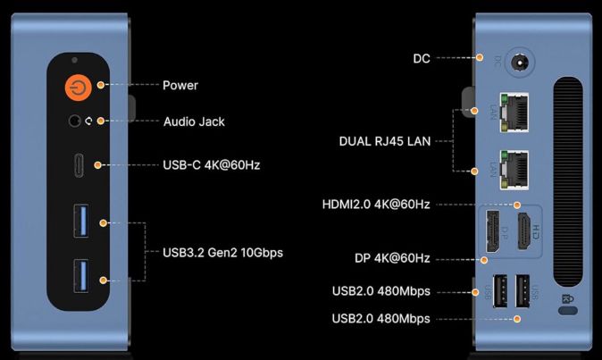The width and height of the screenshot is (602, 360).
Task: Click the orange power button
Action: [x=79, y=88]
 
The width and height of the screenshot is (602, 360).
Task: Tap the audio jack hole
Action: [x=74, y=121]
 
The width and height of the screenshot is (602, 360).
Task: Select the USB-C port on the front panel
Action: [x=79, y=165]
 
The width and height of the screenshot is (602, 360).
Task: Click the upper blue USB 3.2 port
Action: [x=81, y=221]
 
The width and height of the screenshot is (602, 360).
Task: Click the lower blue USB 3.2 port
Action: [x=81, y=276]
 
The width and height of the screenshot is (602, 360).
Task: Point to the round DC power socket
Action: [x=520, y=63]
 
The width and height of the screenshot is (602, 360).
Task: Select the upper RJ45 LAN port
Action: [x=514, y=113]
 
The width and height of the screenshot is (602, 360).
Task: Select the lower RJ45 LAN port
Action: [x=514, y=170]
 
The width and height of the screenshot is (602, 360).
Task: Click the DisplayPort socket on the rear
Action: [x=493, y=231]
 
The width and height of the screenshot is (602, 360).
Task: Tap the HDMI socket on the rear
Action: [x=524, y=231]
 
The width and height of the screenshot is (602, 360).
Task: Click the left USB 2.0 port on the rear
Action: [x=499, y=290]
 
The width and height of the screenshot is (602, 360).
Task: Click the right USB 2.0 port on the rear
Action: [x=523, y=290]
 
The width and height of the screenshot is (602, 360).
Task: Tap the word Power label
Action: [x=180, y=85]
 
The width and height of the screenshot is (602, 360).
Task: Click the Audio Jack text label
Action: [x=194, y=121]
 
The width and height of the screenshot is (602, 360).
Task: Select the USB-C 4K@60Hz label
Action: [x=212, y=165]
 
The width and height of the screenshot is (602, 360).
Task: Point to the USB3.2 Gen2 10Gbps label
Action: [x=222, y=253]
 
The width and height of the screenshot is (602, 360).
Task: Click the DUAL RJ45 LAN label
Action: [x=385, y=141]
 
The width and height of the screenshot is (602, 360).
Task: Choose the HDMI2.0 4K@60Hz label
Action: [x=376, y=205]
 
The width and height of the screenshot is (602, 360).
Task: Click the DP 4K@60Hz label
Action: [x=392, y=258]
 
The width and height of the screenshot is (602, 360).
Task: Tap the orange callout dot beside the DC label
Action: [x=480, y=57]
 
